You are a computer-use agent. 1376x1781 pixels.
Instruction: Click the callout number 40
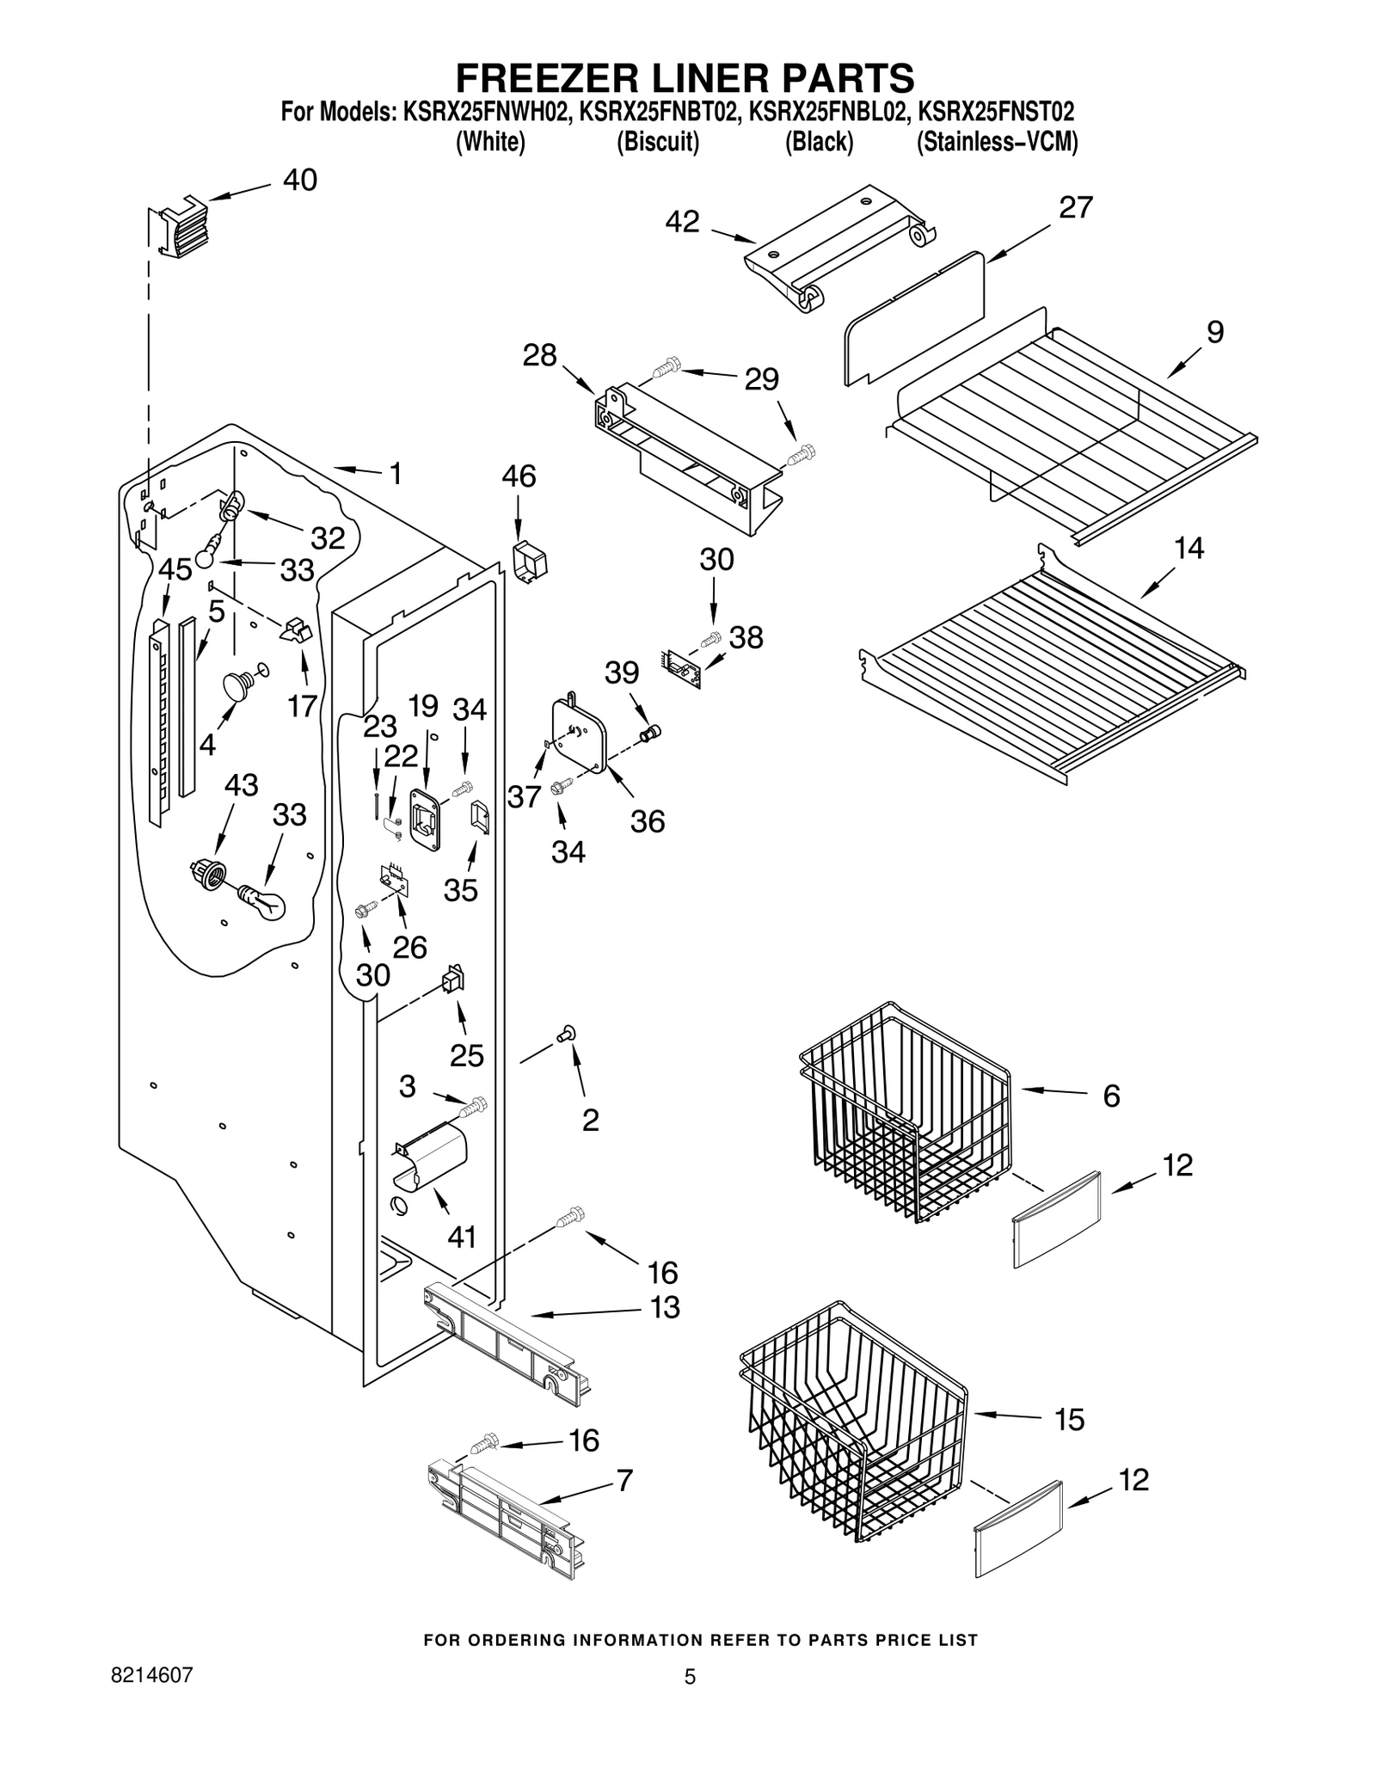click(x=299, y=180)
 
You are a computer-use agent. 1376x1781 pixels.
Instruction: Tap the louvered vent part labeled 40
click(x=178, y=228)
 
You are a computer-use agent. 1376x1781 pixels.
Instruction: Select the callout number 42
click(x=682, y=222)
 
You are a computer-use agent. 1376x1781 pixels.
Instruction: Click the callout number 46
click(x=519, y=476)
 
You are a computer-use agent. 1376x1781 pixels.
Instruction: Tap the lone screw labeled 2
click(x=567, y=1035)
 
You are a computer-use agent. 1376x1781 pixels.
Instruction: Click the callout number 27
click(x=1075, y=207)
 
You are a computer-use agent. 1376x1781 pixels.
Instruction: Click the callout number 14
click(x=1189, y=548)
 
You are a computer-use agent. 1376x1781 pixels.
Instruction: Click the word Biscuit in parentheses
click(x=658, y=142)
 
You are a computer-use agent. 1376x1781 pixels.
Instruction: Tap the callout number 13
click(x=665, y=1307)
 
